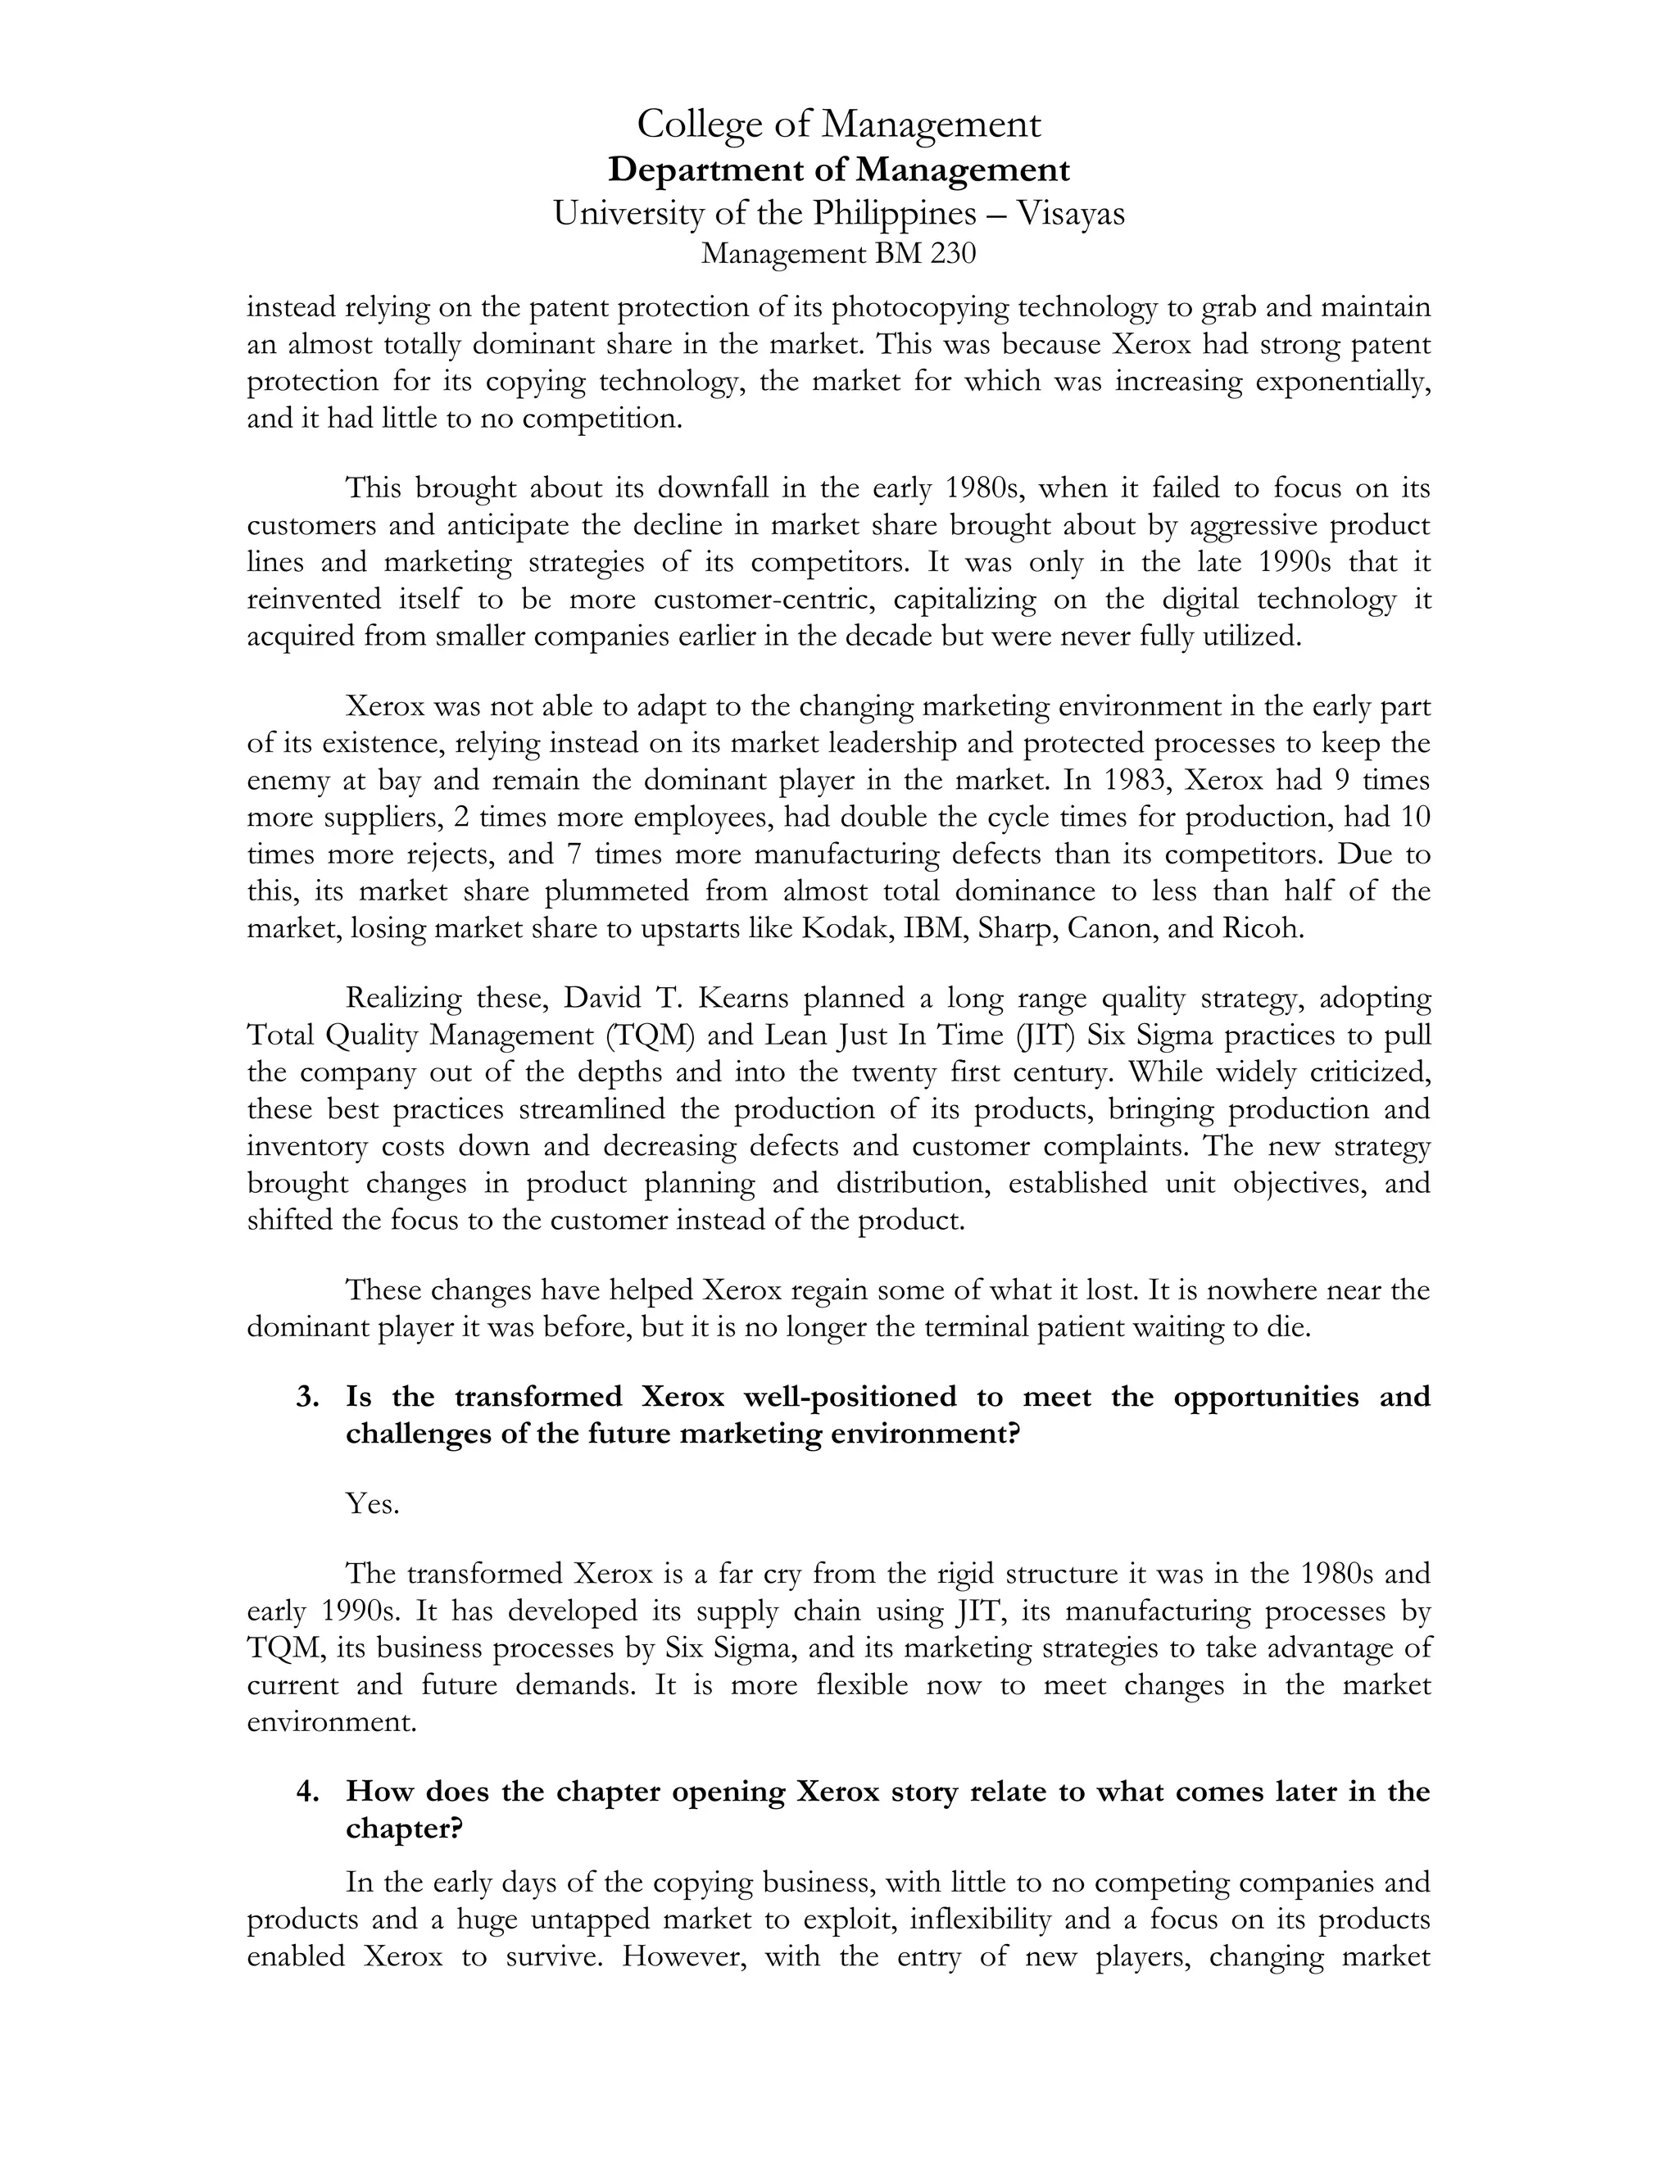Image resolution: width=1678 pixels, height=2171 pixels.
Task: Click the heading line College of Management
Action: click(x=838, y=125)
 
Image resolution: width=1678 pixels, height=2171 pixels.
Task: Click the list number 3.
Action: click(x=307, y=1397)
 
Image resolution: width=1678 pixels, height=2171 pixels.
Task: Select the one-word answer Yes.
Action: click(x=372, y=1504)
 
